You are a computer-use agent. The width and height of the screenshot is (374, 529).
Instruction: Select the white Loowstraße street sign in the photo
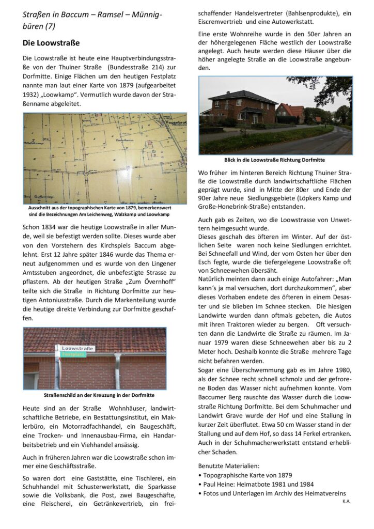[76, 349]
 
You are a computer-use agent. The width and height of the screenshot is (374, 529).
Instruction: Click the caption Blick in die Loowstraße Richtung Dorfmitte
[275, 160]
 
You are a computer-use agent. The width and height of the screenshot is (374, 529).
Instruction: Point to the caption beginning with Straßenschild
[95, 395]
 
